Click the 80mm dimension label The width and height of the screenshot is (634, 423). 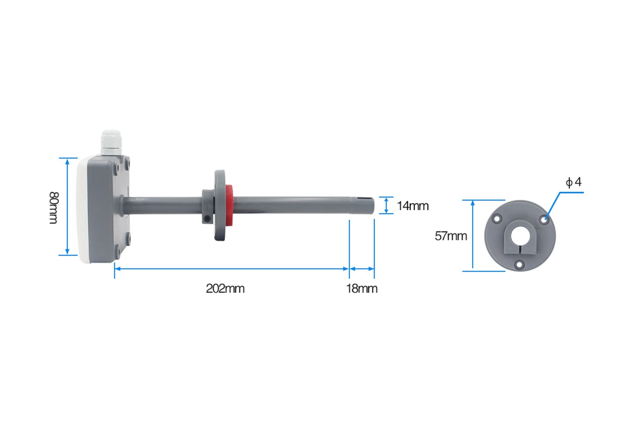[54, 208]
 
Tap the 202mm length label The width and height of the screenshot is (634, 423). [225, 289]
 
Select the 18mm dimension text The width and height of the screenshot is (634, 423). [362, 289]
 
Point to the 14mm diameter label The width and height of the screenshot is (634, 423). [413, 206]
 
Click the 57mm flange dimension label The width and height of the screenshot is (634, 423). [451, 236]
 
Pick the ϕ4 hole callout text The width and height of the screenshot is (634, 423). [573, 182]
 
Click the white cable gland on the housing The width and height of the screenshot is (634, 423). [111, 143]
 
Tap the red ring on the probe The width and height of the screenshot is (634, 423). [229, 205]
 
